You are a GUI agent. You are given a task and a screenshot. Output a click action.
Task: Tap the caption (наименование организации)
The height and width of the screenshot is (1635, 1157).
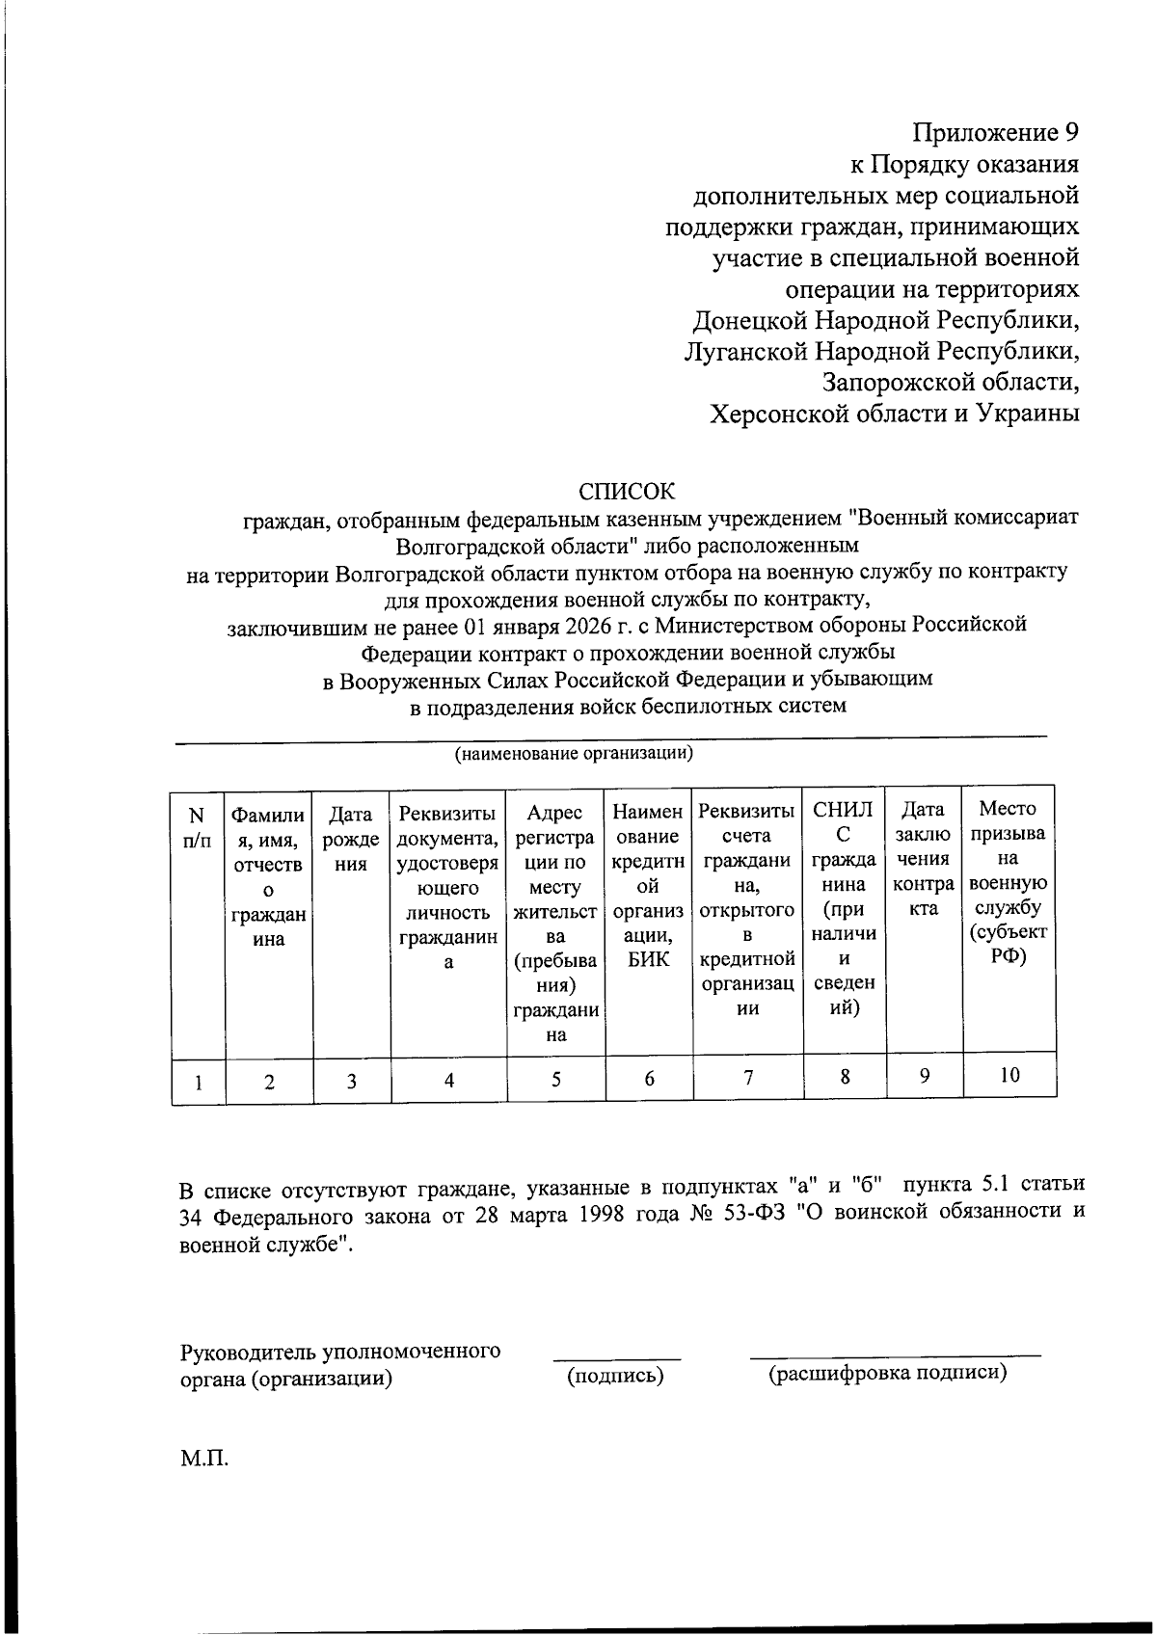574,753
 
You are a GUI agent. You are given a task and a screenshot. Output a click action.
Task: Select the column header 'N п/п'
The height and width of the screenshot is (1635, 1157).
197,827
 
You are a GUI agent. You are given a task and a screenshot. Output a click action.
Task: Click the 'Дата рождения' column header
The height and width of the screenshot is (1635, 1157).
351,839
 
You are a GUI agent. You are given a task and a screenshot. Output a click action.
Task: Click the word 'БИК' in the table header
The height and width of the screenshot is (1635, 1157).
648,959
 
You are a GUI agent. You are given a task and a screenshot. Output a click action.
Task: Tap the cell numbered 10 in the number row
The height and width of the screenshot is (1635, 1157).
1009,1075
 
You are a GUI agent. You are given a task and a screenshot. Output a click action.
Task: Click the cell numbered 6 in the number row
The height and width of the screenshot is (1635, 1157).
649,1079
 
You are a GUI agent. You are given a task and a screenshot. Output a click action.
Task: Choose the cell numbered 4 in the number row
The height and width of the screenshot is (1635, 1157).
448,1081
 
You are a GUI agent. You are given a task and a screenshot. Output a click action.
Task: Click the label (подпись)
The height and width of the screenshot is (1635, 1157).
616,1376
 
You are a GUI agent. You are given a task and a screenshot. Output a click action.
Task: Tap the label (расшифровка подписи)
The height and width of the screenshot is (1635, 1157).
887,1374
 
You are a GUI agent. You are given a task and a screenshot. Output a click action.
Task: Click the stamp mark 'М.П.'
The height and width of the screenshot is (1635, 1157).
204,1458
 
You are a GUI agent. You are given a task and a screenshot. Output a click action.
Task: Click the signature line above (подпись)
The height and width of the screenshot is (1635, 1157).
616,1358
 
